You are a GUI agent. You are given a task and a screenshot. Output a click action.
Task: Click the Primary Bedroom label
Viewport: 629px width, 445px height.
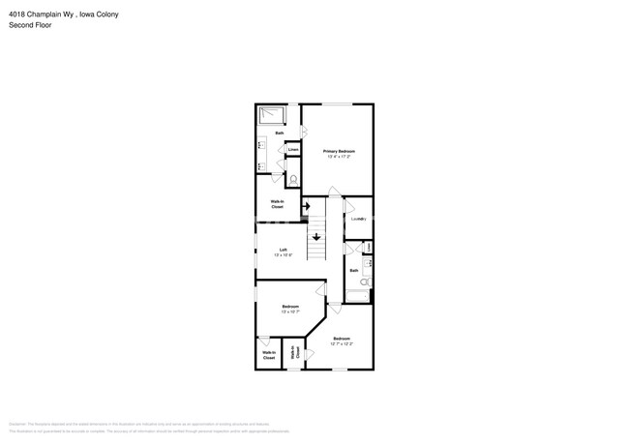(339, 151)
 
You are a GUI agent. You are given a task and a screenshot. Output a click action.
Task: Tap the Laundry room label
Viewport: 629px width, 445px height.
(358, 219)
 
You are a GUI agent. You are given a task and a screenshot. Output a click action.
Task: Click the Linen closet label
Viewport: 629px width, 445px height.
(292, 149)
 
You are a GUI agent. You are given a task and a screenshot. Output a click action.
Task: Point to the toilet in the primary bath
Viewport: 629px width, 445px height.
(294, 178)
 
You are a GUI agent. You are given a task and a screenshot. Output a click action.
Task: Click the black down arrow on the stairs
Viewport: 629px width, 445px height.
(316, 238)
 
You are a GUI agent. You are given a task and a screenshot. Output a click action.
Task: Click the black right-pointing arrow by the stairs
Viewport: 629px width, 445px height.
(307, 206)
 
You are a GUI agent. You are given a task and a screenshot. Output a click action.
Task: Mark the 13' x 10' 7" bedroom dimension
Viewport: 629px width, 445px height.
(290, 311)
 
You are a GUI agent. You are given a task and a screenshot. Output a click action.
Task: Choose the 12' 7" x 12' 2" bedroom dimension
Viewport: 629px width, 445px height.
(342, 343)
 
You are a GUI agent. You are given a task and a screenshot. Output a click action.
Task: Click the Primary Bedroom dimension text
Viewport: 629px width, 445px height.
(339, 157)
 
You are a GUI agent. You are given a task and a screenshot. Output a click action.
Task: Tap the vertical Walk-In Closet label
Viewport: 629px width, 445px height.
(294, 354)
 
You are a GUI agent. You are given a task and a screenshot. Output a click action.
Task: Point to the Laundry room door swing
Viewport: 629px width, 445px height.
(350, 205)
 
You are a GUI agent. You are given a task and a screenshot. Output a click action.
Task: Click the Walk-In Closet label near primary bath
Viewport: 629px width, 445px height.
(277, 205)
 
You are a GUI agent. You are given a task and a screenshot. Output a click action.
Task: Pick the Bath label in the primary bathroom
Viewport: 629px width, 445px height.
(280, 133)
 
